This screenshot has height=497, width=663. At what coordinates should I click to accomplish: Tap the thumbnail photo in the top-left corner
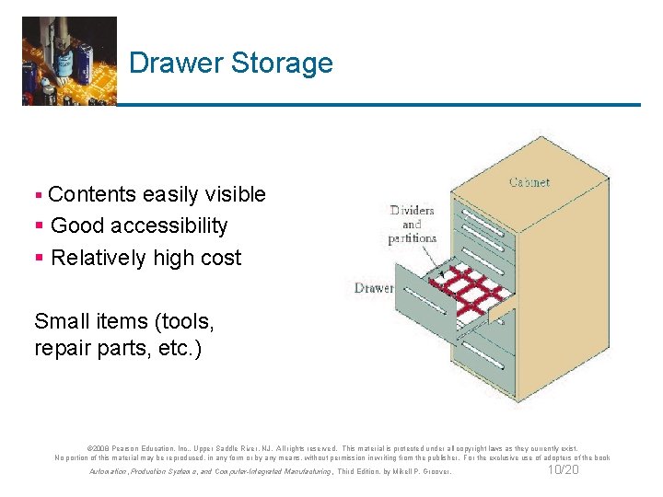coord(69,61)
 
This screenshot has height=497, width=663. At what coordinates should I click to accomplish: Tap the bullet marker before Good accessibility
coord(38,226)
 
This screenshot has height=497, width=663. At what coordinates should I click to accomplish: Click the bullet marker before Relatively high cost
coord(38,259)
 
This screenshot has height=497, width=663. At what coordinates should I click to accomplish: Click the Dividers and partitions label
coord(411,224)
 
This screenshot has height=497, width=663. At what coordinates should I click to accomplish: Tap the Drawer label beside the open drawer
coord(374,288)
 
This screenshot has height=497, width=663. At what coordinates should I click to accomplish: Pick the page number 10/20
coord(563,470)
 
